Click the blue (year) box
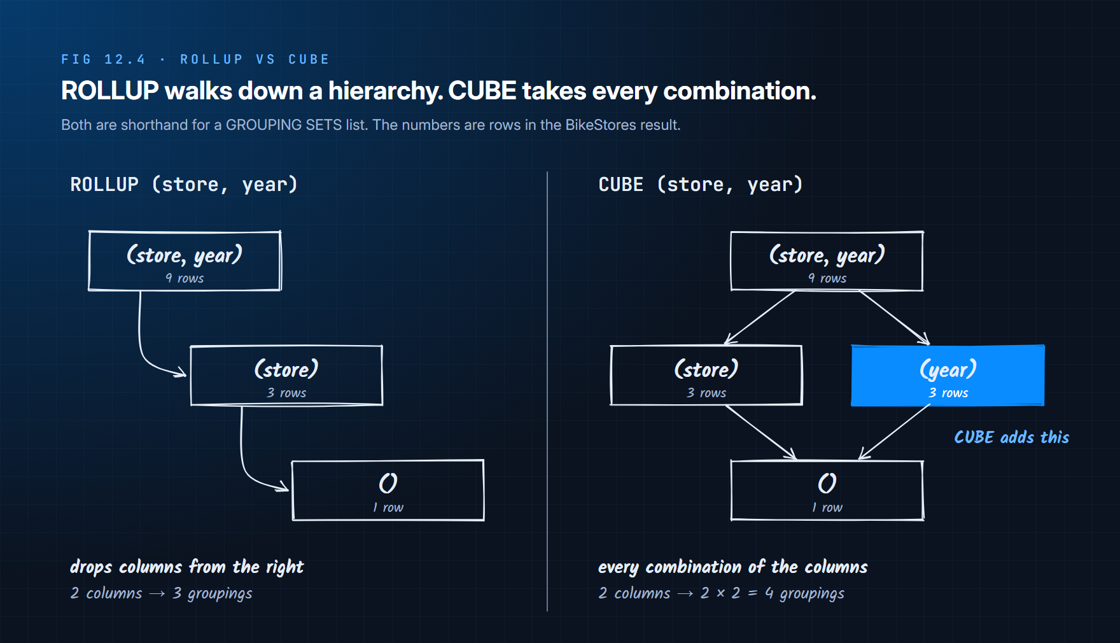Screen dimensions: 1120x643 click(x=948, y=376)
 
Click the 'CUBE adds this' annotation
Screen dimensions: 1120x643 click(x=1011, y=437)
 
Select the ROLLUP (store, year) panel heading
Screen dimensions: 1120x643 click(x=184, y=185)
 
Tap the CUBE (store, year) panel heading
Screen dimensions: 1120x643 click(x=701, y=185)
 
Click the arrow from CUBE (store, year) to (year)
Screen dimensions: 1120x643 click(x=895, y=318)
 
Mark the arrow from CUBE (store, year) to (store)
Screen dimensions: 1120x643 click(x=760, y=318)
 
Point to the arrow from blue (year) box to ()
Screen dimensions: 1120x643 click(x=894, y=432)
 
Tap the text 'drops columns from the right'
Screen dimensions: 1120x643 click(x=186, y=567)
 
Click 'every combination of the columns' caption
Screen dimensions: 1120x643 click(x=732, y=567)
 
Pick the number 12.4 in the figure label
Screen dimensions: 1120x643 click(x=125, y=59)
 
